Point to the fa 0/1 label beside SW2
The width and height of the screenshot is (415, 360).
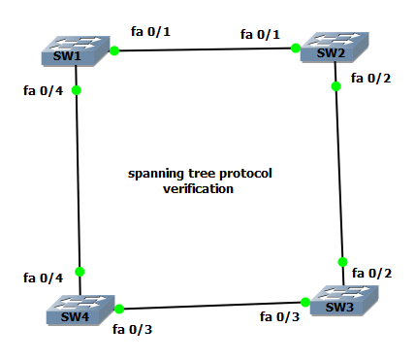[x=261, y=35]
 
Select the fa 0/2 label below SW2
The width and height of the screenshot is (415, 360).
[x=370, y=78]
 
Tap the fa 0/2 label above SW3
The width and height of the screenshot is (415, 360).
[x=372, y=274]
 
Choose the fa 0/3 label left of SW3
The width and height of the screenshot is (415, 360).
[x=280, y=315]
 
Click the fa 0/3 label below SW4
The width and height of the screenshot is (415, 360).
[x=133, y=329]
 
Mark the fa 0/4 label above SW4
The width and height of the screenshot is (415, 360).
[x=43, y=278]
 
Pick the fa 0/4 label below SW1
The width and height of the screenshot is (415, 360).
[x=43, y=91]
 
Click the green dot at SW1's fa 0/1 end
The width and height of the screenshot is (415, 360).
[x=114, y=50]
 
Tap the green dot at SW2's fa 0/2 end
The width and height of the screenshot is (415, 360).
[x=335, y=86]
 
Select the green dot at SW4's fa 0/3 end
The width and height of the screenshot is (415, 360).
[x=119, y=309]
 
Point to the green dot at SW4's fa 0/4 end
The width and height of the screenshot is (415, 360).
[x=80, y=272]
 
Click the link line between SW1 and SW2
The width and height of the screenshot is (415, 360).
[x=204, y=49]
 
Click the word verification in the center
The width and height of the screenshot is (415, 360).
[x=198, y=189]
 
